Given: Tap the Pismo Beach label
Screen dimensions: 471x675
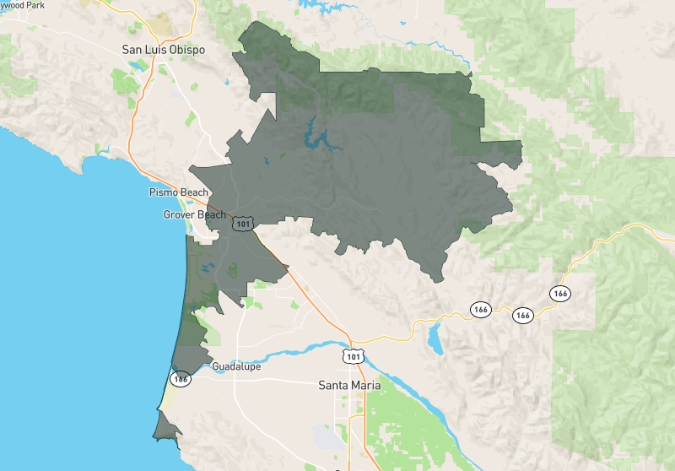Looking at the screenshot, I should pos(178,192).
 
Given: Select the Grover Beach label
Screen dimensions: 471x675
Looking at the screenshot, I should pos(194,214).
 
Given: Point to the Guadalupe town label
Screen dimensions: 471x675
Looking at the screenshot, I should pos(236,367).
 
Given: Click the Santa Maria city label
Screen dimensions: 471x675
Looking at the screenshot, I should pos(349,386).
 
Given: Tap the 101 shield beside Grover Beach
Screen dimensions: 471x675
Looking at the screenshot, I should pos(244,224).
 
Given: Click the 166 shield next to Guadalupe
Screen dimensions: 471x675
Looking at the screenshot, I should pos(181,379).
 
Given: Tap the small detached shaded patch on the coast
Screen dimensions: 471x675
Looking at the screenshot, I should pos(165,426).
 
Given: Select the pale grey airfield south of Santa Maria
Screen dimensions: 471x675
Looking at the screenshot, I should pos(324,438).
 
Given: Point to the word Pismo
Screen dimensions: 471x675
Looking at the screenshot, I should pos(164,192).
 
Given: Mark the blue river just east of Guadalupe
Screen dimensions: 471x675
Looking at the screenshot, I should pos(287,349).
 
